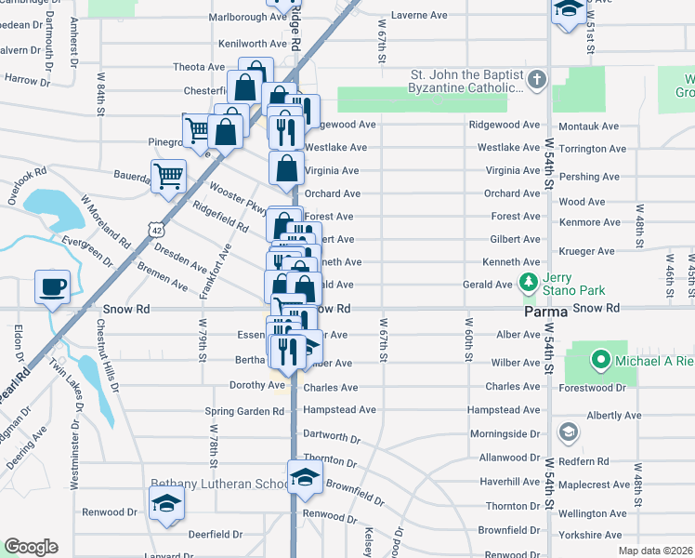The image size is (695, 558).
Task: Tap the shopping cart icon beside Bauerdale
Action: click(x=167, y=175)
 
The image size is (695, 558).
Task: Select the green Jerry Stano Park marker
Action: click(x=529, y=281)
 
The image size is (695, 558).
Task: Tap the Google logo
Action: click(x=31, y=547)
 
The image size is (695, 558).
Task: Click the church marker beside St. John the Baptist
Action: click(x=536, y=82)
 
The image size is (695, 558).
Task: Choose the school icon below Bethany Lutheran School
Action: click(x=166, y=503)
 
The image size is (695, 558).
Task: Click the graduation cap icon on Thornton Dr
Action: click(x=304, y=477)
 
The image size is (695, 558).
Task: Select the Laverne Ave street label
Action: click(x=419, y=16)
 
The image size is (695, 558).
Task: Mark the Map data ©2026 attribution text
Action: click(x=655, y=551)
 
